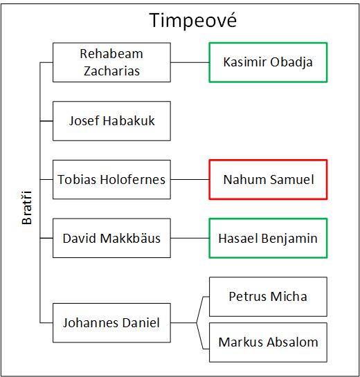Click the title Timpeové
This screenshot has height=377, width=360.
[193, 20]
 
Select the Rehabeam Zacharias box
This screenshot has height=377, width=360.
[111, 62]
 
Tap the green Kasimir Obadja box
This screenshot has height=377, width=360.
[268, 62]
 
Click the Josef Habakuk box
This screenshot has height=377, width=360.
[111, 121]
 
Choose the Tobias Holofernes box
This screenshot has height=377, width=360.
[111, 179]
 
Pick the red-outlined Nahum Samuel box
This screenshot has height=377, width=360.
[268, 179]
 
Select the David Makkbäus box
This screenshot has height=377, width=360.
[111, 238]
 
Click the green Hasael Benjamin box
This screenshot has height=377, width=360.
[268, 238]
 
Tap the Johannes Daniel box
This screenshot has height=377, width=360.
[111, 322]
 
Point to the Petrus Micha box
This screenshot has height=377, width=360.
[268, 297]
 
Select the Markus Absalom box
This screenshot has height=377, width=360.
[268, 342]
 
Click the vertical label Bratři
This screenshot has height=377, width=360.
[27, 208]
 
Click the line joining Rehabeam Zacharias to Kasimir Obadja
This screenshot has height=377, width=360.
[190, 62]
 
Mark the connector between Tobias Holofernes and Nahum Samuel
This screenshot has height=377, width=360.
[190, 179]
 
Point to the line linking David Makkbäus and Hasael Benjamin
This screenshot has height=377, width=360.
[190, 238]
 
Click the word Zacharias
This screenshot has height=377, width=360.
[111, 71]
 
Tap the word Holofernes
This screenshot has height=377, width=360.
[133, 179]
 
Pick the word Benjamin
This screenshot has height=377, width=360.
[289, 239]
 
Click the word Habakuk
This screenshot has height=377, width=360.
[129, 120]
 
